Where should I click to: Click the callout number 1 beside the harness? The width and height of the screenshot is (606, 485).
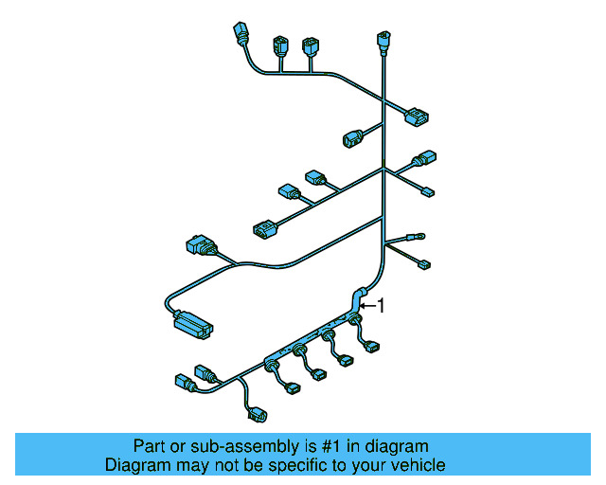[382, 305]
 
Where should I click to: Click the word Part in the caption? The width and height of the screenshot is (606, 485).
[149, 446]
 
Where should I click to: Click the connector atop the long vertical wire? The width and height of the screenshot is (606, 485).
[383, 41]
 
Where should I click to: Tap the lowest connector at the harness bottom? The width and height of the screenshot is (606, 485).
[257, 414]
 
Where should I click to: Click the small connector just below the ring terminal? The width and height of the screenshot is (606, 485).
[423, 263]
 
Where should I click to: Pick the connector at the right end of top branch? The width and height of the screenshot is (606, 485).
[418, 117]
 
